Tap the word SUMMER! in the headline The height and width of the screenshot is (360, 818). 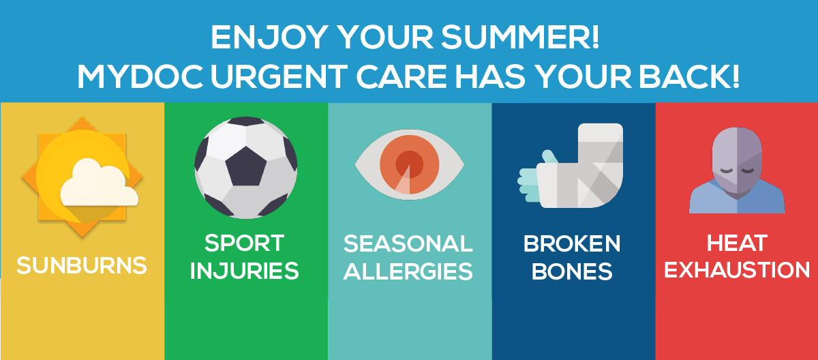point(520,37)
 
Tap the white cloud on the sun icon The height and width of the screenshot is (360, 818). point(99,183)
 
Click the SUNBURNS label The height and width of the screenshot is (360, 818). point(82,265)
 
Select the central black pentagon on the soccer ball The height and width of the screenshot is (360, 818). point(246,166)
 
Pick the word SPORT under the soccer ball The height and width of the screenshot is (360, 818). point(244,243)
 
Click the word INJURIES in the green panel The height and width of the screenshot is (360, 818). point(244,271)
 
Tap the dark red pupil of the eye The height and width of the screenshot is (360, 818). point(410,164)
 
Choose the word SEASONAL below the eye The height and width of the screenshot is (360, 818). point(408,243)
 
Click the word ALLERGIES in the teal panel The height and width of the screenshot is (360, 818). point(408,271)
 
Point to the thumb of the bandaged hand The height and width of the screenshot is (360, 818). point(549,157)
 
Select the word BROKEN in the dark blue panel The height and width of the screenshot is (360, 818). point(572,243)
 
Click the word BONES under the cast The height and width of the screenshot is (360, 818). point(572,271)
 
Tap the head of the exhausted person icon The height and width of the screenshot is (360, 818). point(737,160)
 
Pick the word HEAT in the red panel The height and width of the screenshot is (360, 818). point(737,243)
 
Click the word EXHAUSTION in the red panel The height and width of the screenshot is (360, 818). point(737,270)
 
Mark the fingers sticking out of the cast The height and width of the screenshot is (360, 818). point(528,184)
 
